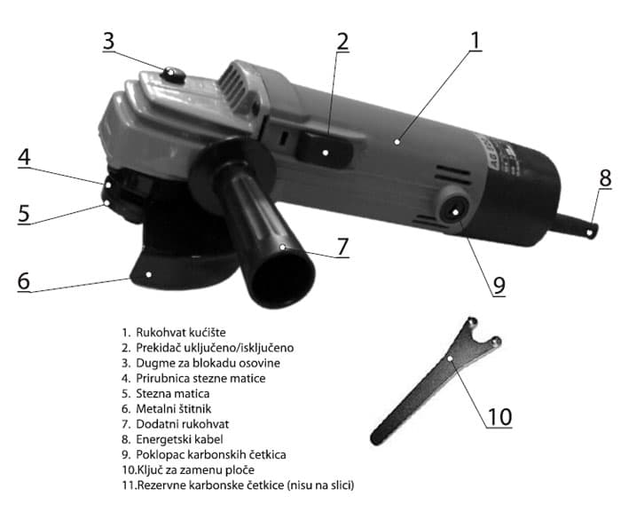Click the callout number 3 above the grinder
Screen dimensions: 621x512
(x=108, y=41)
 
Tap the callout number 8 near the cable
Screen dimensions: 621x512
(x=605, y=178)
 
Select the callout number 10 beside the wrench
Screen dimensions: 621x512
(x=499, y=416)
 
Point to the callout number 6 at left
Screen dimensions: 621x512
(x=24, y=280)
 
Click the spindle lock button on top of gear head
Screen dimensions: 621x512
(x=173, y=75)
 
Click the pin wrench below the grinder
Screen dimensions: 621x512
(x=436, y=380)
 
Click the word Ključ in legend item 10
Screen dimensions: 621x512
(x=148, y=470)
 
